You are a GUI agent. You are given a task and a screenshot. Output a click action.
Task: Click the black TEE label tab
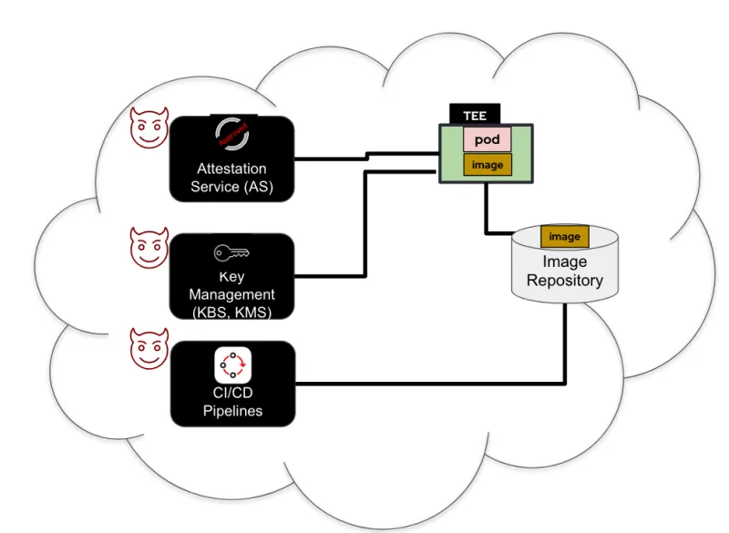point(475,116)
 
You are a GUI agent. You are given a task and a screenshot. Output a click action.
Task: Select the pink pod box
point(488,139)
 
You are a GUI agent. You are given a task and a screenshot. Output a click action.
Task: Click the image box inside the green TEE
point(488,165)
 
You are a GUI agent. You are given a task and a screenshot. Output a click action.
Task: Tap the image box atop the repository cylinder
point(565,237)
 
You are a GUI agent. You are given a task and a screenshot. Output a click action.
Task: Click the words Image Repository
point(565,271)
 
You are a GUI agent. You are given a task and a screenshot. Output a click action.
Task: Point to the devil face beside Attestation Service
point(148,128)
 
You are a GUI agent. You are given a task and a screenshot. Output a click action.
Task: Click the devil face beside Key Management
point(148,247)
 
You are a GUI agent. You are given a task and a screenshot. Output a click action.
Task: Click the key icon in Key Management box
point(232,253)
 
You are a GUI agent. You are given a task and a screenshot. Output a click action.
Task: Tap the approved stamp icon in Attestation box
point(232,135)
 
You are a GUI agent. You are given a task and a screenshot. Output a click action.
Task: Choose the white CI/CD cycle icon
point(232,365)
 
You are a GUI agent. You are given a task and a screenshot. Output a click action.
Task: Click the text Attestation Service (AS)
point(231,178)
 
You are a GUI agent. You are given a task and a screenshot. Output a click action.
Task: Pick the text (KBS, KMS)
point(231,312)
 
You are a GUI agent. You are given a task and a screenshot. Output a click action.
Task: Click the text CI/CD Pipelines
point(231,402)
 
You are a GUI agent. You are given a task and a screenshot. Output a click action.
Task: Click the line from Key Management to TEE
point(365,228)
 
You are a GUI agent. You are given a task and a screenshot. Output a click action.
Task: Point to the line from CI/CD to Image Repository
point(428,383)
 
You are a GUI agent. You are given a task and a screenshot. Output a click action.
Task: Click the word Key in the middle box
point(231,277)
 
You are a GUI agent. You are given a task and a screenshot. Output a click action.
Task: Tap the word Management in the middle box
point(231,294)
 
